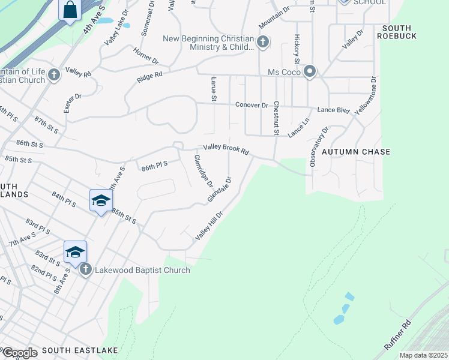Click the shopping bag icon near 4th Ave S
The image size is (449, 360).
click(70, 10)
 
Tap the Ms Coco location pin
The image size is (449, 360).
click(310, 72)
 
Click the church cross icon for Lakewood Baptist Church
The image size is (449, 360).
click(86, 269)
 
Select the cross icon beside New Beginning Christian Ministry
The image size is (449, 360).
click(262, 42)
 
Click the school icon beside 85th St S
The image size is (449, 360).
click(101, 200)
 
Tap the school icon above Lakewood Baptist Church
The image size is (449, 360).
click(76, 251)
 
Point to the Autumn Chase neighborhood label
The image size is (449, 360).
click(355, 152)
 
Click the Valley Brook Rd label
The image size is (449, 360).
click(226, 149)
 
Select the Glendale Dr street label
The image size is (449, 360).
click(220, 190)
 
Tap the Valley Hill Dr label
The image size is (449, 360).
click(209, 226)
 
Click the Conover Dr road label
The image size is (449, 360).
click(252, 105)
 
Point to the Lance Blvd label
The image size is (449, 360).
click(333, 110)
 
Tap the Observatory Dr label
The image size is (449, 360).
click(320, 146)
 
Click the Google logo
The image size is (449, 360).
click(20, 352)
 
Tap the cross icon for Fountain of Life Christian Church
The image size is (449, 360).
click(54, 75)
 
